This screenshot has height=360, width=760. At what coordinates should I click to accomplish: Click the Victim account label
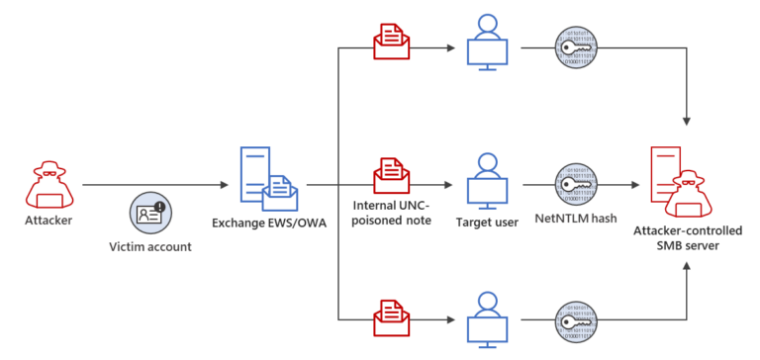149,246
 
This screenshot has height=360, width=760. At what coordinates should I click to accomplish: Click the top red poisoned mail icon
392,44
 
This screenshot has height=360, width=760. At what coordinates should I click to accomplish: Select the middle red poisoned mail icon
392,179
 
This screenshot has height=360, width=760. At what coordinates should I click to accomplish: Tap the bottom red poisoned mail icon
392,315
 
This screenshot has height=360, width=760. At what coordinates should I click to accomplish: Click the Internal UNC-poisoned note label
392,213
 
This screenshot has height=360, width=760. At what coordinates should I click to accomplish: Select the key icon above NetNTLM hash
577,182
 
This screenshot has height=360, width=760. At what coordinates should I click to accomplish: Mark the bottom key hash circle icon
577,318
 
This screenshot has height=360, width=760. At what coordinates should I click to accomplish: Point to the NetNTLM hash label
578,220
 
